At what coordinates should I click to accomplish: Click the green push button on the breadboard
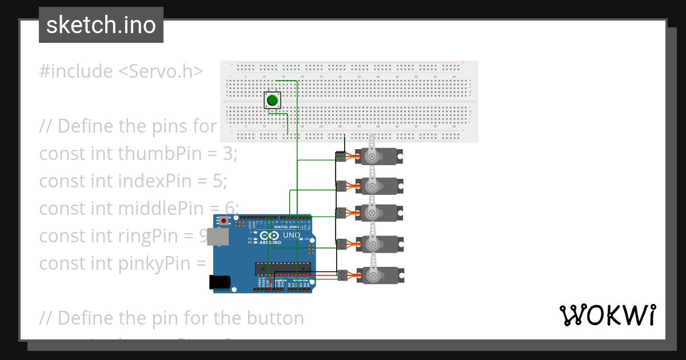pos(273,101)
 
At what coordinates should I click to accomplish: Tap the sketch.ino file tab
pos(101,25)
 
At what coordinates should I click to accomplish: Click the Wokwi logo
pos(607,315)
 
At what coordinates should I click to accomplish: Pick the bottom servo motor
pos(380,275)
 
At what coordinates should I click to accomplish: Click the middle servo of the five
pos(380,213)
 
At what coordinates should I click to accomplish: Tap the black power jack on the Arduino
pos(220,281)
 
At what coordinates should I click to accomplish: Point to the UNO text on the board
pos(292,235)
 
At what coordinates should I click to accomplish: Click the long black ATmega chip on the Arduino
pos(283,268)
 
